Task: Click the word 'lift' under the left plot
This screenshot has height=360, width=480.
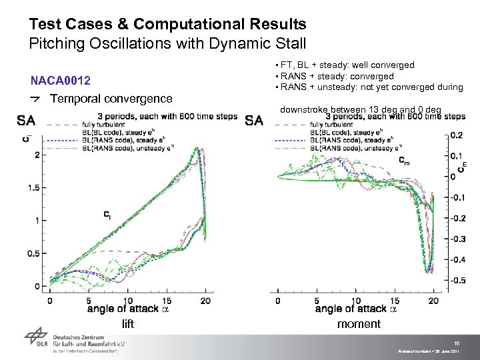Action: point(128,324)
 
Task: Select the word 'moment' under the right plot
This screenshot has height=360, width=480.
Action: point(359,324)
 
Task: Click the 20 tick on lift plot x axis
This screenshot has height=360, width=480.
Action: point(205,301)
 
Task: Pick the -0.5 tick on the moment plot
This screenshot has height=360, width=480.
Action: point(458,281)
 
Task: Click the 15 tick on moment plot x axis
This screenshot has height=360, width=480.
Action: point(395,301)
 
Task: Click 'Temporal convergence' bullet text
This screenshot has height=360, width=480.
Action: point(111,99)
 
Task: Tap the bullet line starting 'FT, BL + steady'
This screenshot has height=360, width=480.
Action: point(347,65)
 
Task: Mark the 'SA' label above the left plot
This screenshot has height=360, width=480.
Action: point(26,121)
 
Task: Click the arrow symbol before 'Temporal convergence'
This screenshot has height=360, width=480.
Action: point(37,99)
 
